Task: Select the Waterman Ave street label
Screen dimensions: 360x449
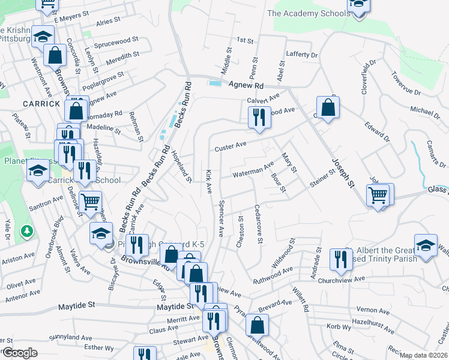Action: pyautogui.click(x=253, y=170)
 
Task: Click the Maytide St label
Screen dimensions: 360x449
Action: pyautogui.click(x=77, y=306)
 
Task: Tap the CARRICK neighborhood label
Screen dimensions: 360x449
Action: pyautogui.click(x=41, y=104)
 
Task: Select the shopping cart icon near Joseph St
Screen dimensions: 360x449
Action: pyautogui.click(x=378, y=194)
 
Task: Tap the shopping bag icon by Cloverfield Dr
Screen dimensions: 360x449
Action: pyautogui.click(x=328, y=108)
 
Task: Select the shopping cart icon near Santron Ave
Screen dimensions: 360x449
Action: pyautogui.click(x=90, y=202)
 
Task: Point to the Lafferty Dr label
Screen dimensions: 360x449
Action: pyautogui.click(x=301, y=55)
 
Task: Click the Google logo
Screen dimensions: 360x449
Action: pyautogui.click(x=20, y=353)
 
